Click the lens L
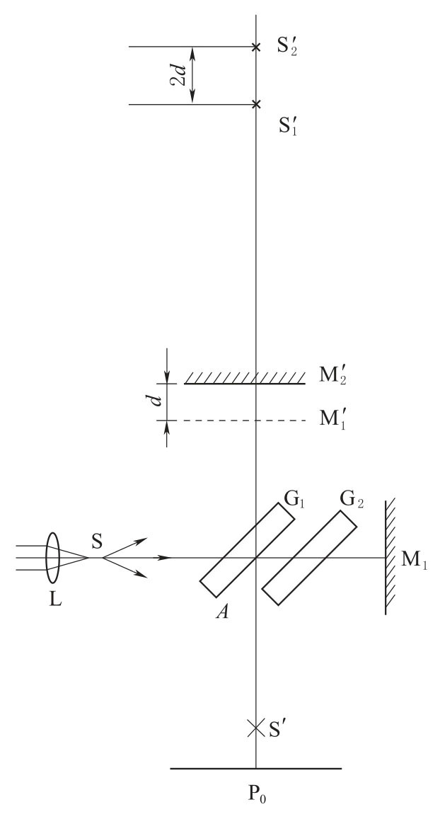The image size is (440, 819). coord(52,558)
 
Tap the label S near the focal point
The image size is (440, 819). coord(97,541)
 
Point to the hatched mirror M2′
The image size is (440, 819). coord(245,379)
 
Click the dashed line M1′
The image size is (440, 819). coord(245,420)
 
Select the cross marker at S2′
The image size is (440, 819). coord(256,47)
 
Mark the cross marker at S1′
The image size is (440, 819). coord(256,105)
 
